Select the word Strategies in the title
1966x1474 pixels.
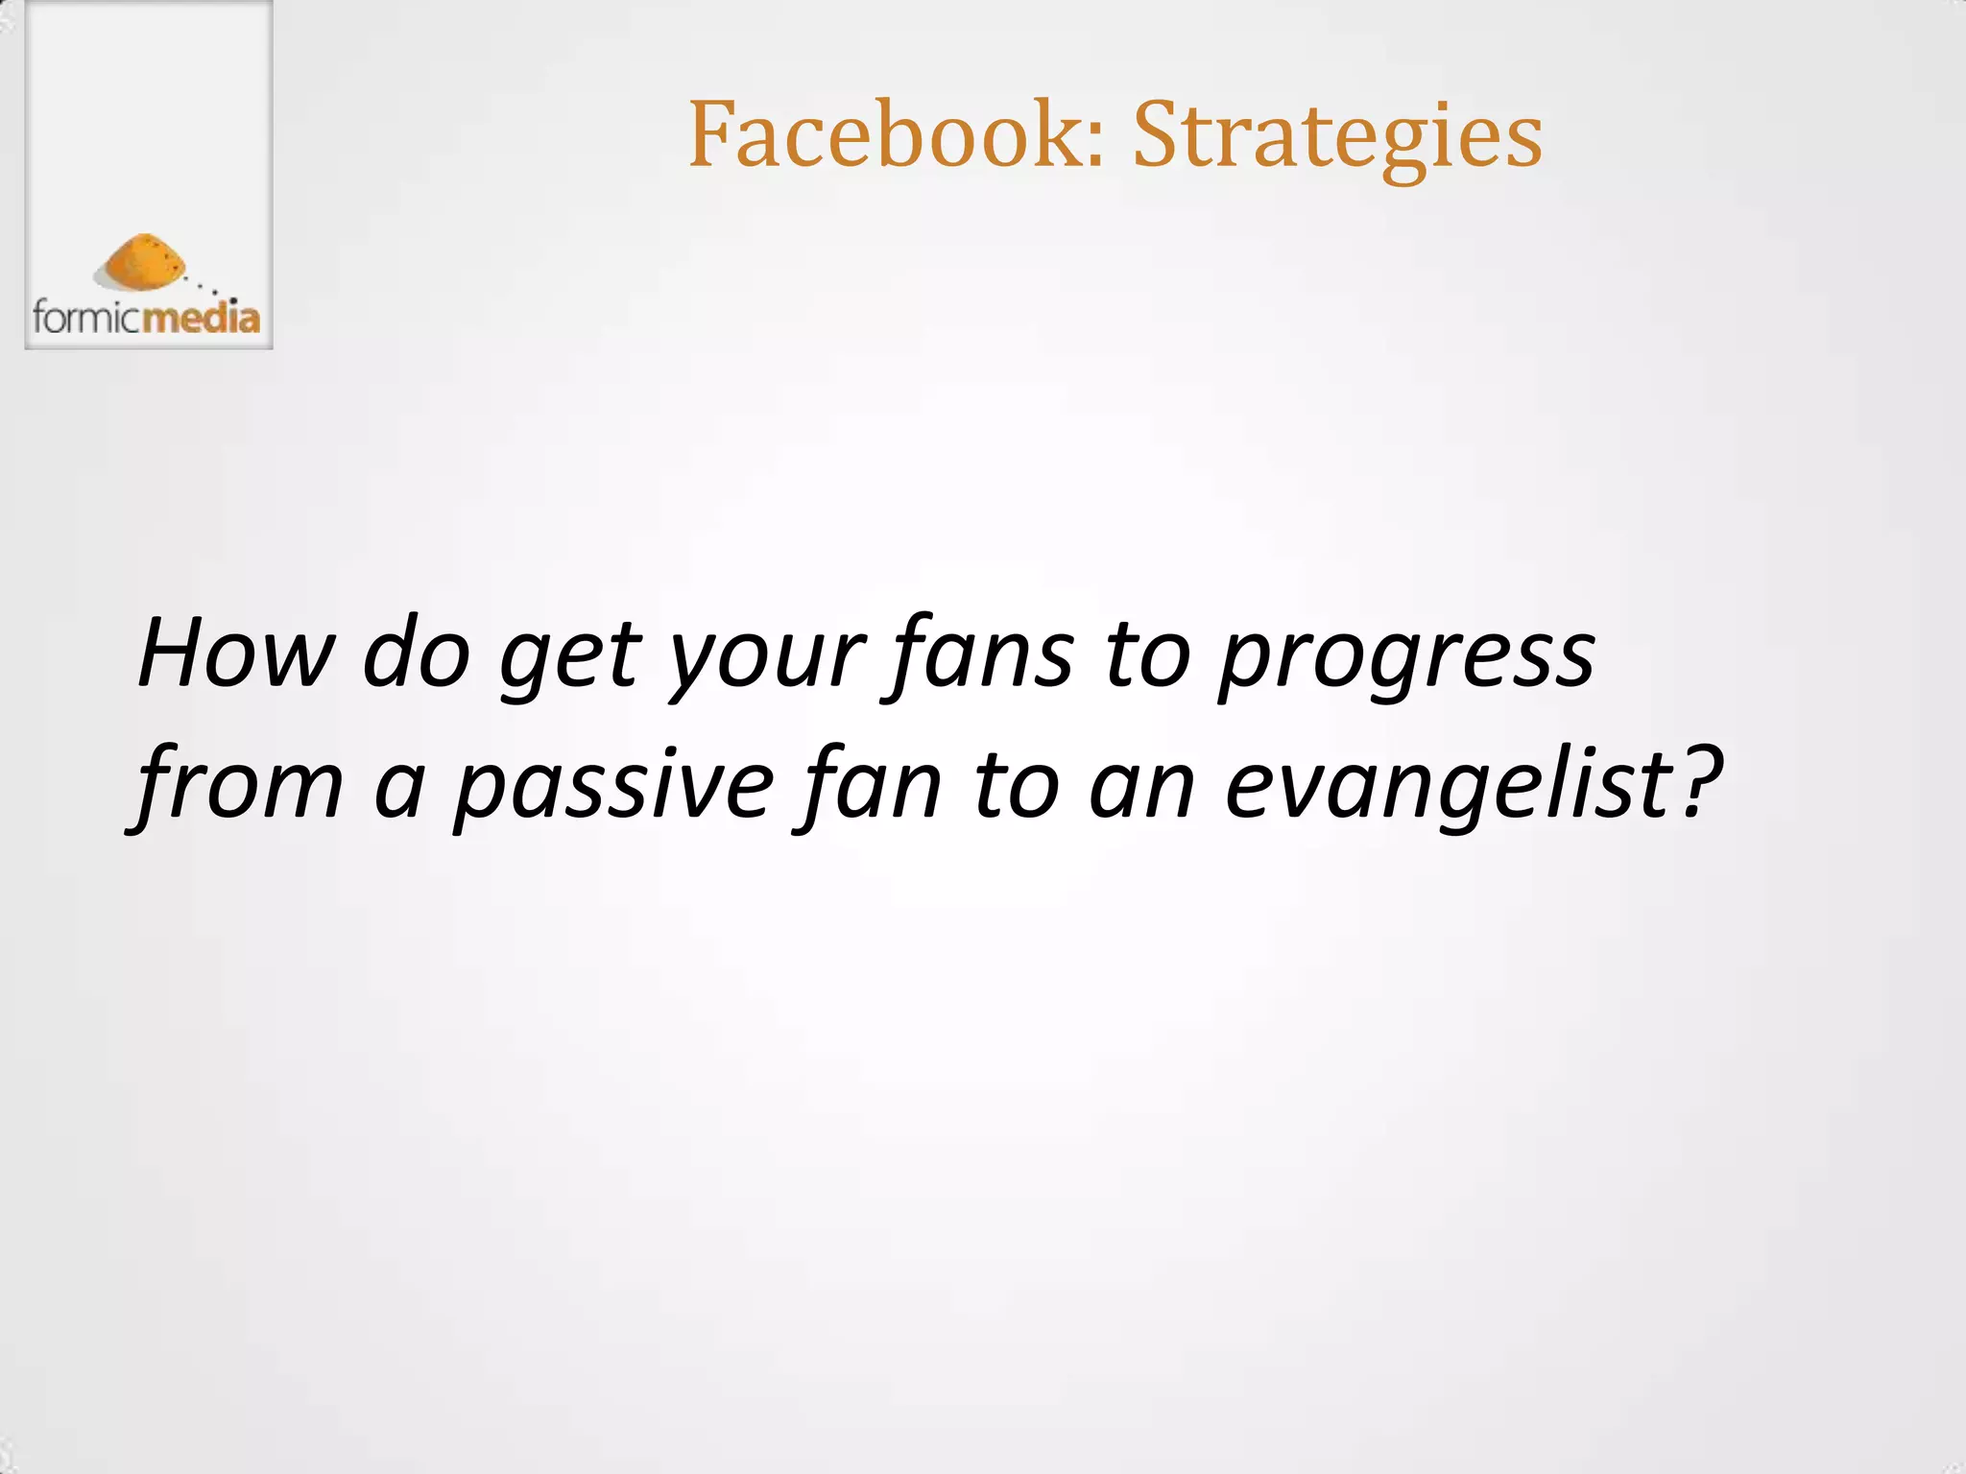[x=1337, y=136]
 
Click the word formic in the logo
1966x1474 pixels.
[x=86, y=317]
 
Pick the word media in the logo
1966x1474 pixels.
[x=202, y=317]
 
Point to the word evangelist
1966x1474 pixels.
[x=1450, y=785]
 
